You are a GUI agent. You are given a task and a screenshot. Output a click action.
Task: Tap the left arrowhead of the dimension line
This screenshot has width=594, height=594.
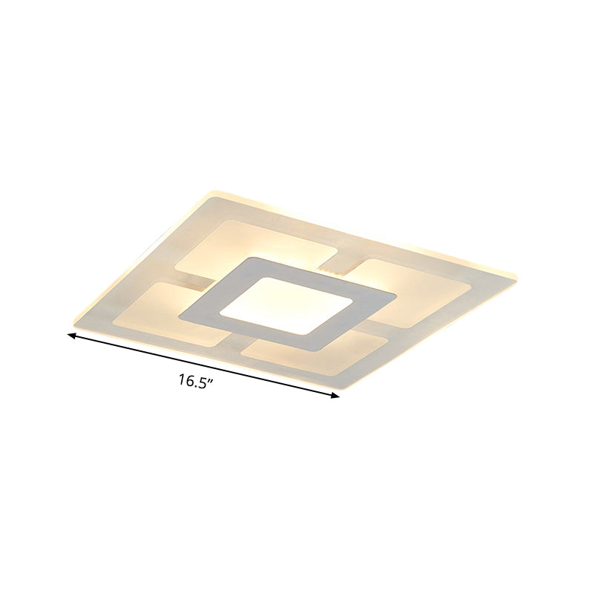71,336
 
